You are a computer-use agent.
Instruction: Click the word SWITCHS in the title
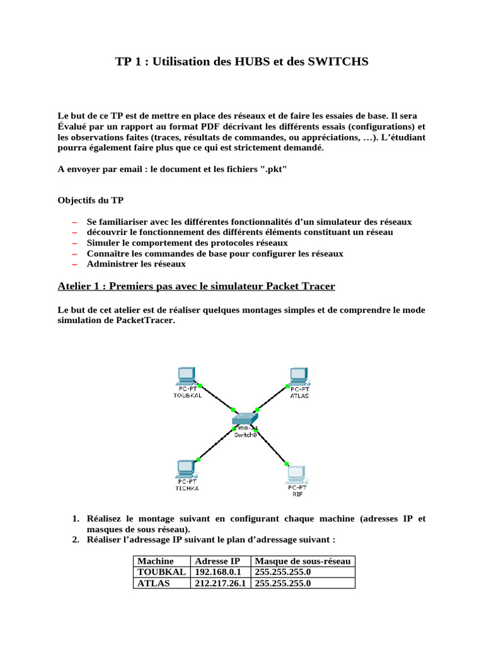click(x=333, y=62)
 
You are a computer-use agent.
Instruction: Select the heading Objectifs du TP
click(x=91, y=201)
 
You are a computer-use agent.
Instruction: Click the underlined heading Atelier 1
click(x=196, y=287)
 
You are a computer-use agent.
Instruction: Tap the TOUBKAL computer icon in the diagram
click(x=187, y=376)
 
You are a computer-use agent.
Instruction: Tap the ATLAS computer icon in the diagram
click(x=299, y=376)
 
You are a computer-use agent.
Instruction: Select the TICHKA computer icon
click(x=186, y=469)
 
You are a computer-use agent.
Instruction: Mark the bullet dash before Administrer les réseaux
click(x=74, y=264)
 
